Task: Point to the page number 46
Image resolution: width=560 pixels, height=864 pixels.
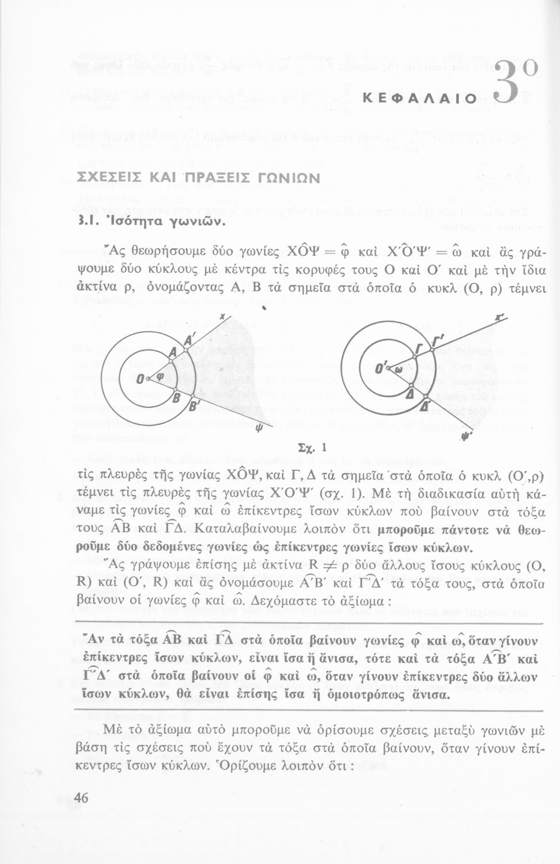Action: point(81,798)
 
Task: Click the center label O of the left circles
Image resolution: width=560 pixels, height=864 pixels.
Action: point(141,378)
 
